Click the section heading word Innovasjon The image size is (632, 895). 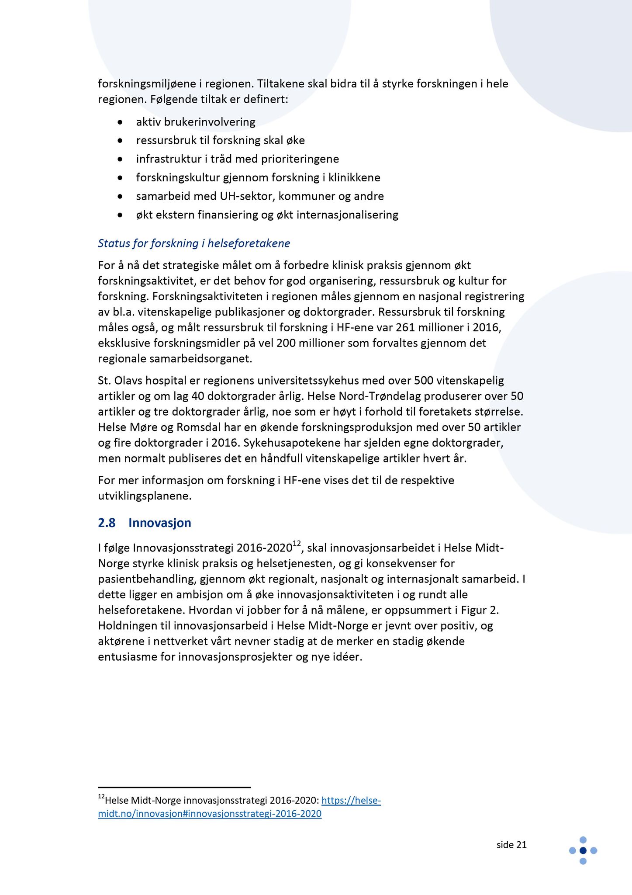pos(159,523)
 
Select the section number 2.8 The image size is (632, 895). pos(107,523)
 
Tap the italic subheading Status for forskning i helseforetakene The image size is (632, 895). pos(194,243)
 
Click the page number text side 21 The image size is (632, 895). pos(511,845)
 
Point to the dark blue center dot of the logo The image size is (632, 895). pos(583,850)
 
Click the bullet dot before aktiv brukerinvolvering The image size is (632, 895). pos(120,122)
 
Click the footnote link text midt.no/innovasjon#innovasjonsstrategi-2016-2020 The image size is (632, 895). pos(210,814)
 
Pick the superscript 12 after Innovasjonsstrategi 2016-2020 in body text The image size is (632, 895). pos(297,544)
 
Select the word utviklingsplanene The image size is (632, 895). pos(145,496)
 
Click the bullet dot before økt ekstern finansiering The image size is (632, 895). pos(120,215)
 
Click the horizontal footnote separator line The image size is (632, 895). pos(174,787)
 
